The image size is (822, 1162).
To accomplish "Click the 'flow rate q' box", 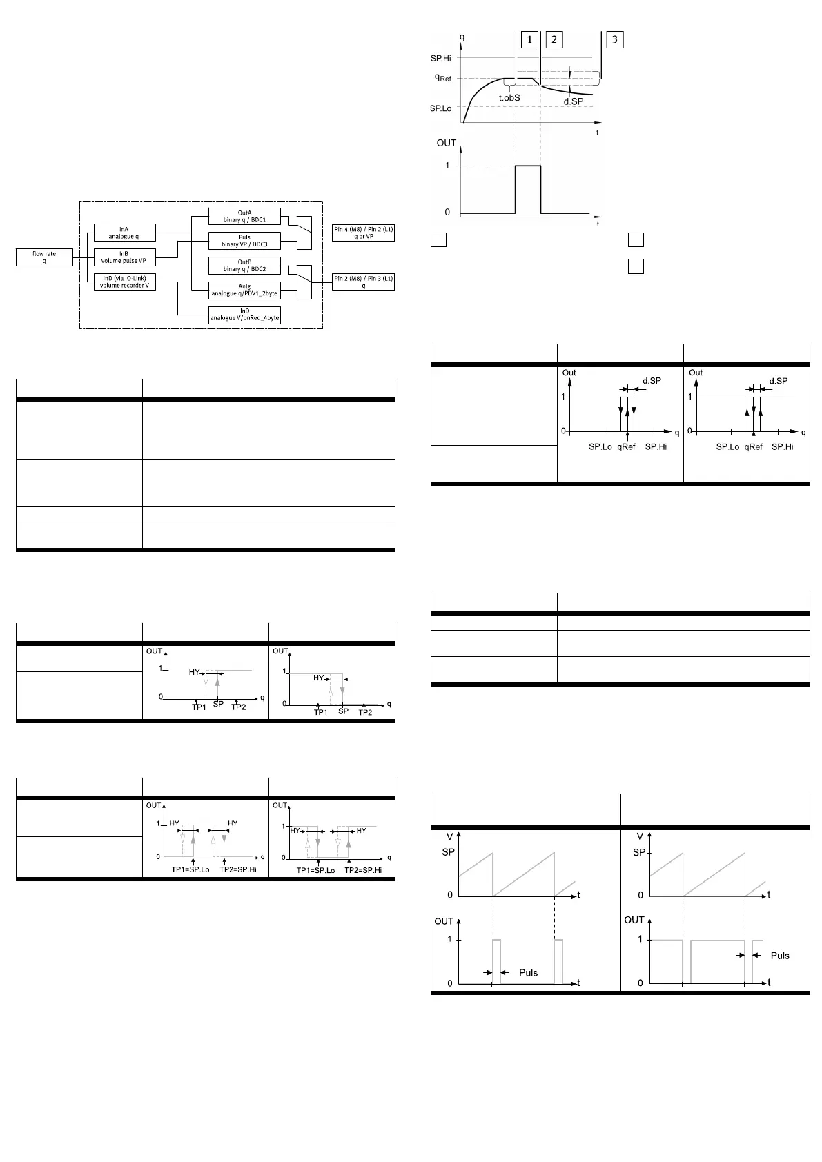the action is click(x=44, y=257).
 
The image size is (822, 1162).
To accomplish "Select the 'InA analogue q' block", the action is click(x=124, y=233).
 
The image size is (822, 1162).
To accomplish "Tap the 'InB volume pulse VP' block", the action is click(x=124, y=257).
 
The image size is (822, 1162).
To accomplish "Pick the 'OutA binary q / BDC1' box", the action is click(x=244, y=217).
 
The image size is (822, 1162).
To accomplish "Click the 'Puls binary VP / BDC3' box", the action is click(x=244, y=241).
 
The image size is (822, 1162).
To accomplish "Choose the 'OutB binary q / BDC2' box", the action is click(x=244, y=266).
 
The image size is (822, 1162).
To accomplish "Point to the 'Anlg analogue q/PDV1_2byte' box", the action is click(x=244, y=290).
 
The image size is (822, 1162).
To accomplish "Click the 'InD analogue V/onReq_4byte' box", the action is click(x=244, y=315).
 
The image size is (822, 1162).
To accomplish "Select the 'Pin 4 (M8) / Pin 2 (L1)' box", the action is click(x=364, y=233).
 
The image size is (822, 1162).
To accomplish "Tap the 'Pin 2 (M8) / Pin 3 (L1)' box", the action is click(x=364, y=282).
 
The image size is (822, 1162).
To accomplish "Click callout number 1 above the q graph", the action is click(x=529, y=39).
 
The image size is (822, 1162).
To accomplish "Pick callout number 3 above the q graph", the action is click(x=615, y=39).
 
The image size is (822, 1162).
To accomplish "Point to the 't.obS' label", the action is click(x=509, y=98).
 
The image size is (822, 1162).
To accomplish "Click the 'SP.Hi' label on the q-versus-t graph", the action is click(x=441, y=59).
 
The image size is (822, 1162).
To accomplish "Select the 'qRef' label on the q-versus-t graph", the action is click(x=442, y=78).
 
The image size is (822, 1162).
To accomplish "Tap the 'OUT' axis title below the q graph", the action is click(x=447, y=143).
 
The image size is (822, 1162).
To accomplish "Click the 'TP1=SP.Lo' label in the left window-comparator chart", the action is click(x=190, y=870).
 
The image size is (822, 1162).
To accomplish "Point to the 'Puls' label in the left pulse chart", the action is click(x=528, y=973).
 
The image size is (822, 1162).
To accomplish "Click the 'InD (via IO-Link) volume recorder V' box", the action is click(x=124, y=282).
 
